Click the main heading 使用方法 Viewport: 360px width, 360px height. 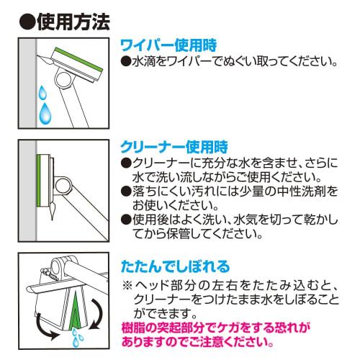coord(73,22)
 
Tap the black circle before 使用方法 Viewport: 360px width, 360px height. coord(27,22)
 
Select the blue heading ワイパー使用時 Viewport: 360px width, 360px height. coord(168,45)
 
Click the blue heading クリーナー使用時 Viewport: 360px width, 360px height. coord(174,147)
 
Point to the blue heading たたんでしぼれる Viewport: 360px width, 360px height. coord(176,266)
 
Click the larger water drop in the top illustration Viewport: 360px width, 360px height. coord(45,113)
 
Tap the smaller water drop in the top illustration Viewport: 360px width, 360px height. coord(42,92)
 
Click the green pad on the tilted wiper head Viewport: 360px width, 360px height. coord(78,59)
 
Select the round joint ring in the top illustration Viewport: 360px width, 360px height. coord(63,80)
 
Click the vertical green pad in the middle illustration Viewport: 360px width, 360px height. coord(39,181)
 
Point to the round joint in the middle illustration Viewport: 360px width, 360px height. coord(63,186)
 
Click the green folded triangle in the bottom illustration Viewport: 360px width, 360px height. coord(75,310)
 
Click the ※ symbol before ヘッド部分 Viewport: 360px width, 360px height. coord(127,285)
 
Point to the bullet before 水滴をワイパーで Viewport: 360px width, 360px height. coord(126,62)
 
